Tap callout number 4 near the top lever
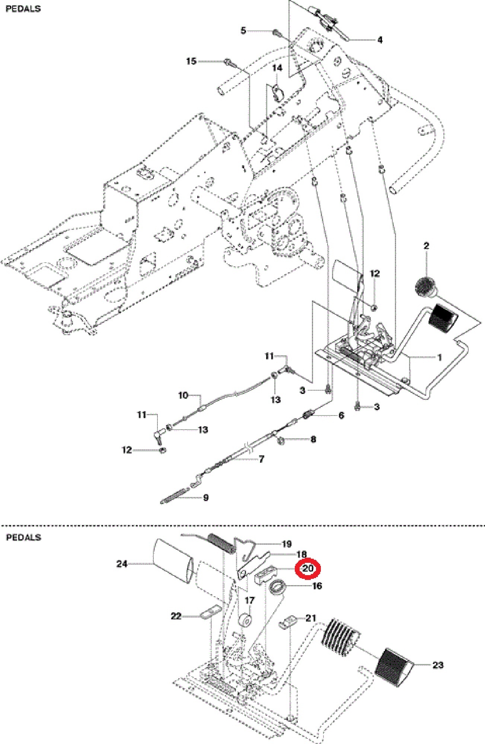(x=380, y=40)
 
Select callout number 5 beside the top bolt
(x=243, y=31)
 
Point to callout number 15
(x=191, y=61)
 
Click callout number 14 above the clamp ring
(x=277, y=68)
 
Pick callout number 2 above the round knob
(x=426, y=246)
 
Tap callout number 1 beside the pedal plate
(x=439, y=357)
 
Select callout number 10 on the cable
(x=183, y=395)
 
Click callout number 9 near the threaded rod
(x=206, y=498)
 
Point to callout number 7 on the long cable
(x=261, y=459)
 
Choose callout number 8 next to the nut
(x=313, y=439)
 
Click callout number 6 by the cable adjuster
(x=341, y=415)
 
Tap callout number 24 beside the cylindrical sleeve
(x=122, y=564)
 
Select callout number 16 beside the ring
(x=317, y=586)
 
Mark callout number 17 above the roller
(x=249, y=600)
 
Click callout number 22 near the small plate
(x=176, y=616)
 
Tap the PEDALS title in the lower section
(x=23, y=537)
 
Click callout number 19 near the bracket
(x=287, y=544)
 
